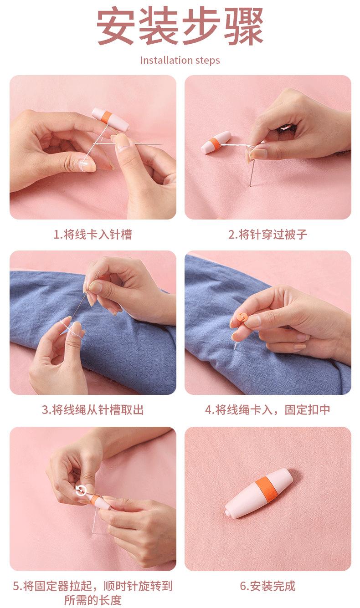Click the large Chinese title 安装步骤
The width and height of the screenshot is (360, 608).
[180, 26]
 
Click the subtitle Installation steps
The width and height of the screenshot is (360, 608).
[180, 60]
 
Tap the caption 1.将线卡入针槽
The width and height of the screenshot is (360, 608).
[93, 235]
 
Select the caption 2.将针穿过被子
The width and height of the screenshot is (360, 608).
[267, 235]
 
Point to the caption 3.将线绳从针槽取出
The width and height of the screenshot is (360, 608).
[93, 409]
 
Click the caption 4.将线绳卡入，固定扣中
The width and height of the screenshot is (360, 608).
[267, 409]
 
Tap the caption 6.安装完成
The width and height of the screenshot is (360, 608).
[267, 586]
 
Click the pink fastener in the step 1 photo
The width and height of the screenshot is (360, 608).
[110, 119]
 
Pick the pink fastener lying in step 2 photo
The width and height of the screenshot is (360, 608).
[216, 142]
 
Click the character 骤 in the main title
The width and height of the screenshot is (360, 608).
[243, 26]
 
